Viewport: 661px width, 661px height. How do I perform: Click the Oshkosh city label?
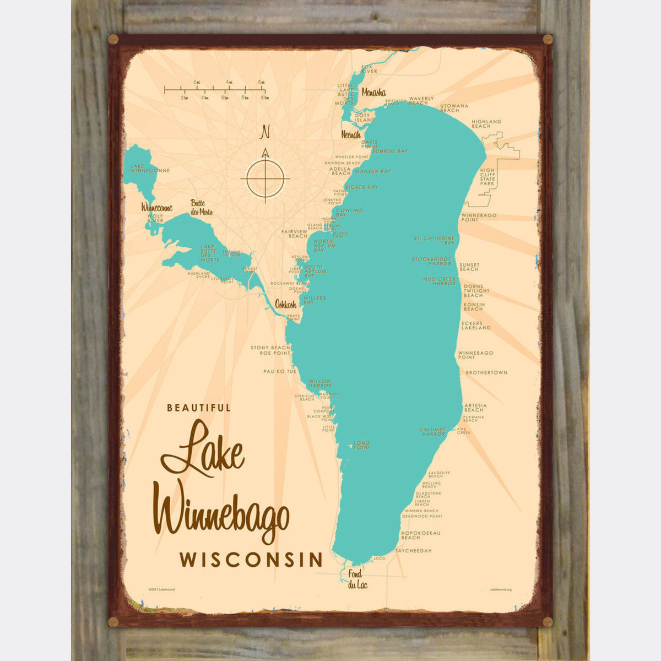point(285,304)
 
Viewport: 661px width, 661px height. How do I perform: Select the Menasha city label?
point(373,93)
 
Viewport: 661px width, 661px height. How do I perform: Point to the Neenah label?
point(351,134)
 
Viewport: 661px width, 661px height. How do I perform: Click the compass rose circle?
point(265,178)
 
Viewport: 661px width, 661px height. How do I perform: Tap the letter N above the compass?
point(266,132)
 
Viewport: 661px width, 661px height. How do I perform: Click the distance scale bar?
point(215,89)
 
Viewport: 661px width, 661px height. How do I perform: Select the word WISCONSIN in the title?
point(251,560)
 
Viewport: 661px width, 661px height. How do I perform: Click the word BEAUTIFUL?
point(199,408)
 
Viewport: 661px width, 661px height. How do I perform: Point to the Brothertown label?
point(486,373)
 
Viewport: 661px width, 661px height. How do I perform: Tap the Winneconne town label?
point(157,208)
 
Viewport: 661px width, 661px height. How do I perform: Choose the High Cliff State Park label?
point(487,177)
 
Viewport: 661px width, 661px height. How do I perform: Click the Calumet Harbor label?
point(432,432)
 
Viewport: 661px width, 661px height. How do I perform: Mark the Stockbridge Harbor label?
point(432,261)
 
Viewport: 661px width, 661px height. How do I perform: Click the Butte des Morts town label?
point(202,207)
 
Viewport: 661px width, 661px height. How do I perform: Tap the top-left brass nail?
point(113,39)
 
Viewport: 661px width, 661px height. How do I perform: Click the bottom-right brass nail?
point(548,622)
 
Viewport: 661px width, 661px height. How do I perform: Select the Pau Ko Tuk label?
point(280,372)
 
